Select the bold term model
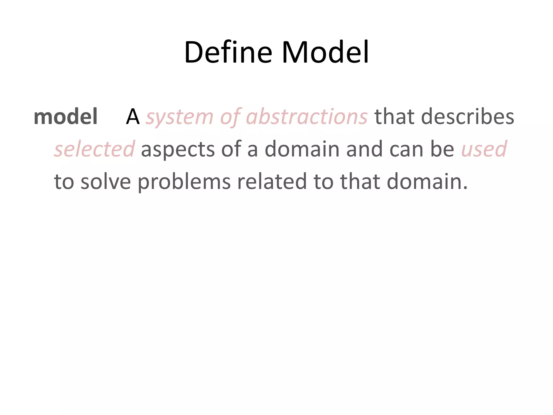coord(65,117)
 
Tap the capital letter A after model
coord(133,117)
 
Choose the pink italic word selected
coord(94,149)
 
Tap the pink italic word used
coord(484,149)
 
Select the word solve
coord(106,182)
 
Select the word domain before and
coord(302,149)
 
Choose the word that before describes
coord(394,117)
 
